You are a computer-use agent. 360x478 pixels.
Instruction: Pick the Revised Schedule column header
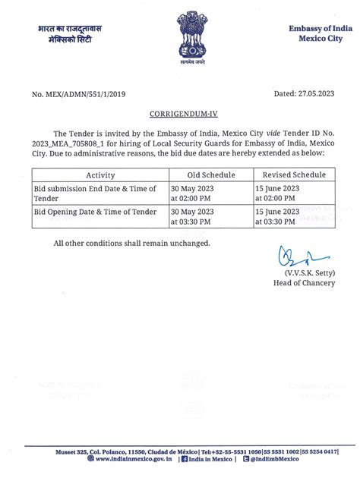(292, 175)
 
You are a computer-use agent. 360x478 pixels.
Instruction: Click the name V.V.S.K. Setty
(308, 271)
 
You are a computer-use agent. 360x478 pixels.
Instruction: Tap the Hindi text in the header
(71, 34)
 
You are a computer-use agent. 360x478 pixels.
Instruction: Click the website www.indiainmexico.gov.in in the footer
(122, 460)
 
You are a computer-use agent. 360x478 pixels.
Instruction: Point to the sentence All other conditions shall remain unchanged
(131, 243)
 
